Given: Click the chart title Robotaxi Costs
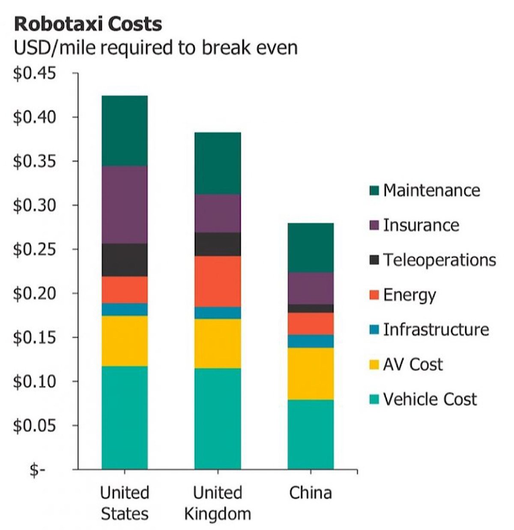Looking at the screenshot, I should [x=88, y=24].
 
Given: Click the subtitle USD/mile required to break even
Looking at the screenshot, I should [x=155, y=47].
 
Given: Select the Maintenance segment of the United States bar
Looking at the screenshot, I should [x=125, y=130].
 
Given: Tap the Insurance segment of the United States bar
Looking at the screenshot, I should [x=125, y=205].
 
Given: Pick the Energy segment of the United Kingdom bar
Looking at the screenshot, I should [x=218, y=281].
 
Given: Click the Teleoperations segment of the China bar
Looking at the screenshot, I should [x=311, y=308].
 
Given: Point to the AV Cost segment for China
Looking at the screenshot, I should [x=311, y=373].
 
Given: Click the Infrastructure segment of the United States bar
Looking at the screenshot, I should [x=125, y=309].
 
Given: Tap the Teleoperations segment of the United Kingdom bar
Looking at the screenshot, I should [x=218, y=244].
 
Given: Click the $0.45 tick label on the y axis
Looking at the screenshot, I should [x=35, y=73].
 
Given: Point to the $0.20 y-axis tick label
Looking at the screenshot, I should [x=35, y=294].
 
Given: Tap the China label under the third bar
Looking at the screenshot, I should [x=311, y=493].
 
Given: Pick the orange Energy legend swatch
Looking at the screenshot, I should [x=374, y=295].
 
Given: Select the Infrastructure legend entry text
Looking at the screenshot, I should [x=436, y=329].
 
